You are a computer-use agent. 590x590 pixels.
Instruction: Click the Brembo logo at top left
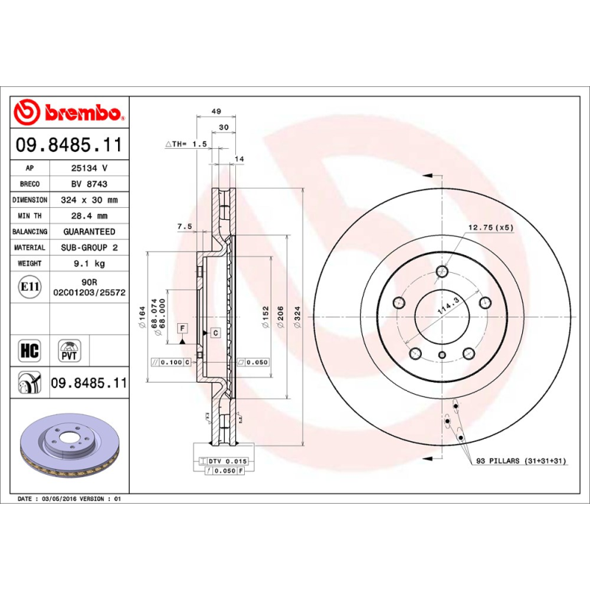(x=68, y=113)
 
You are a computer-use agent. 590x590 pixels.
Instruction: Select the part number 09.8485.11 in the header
(x=68, y=146)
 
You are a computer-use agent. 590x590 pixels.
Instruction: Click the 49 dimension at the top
(x=216, y=111)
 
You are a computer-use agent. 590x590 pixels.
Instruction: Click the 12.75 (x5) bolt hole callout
(x=490, y=227)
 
